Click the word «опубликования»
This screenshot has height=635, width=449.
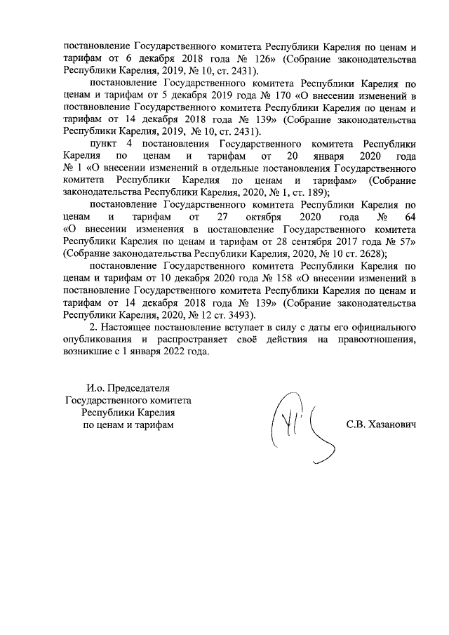[98, 340]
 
